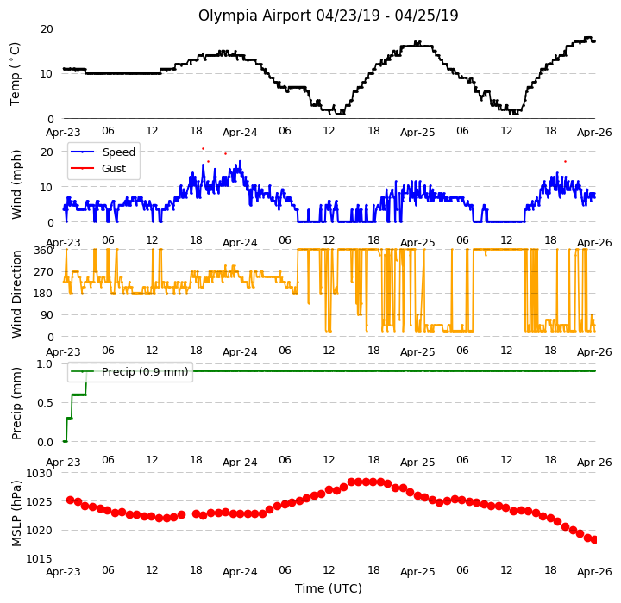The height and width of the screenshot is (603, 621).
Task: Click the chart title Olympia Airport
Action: pyautogui.click(x=255, y=16)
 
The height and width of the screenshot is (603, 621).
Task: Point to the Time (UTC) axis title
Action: pyautogui.click(x=329, y=588)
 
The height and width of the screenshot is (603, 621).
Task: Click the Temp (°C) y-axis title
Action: pyautogui.click(x=15, y=74)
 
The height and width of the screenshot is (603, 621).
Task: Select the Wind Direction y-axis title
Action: pyautogui.click(x=16, y=294)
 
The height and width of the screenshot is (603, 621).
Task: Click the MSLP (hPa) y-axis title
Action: pyautogui.click(x=16, y=513)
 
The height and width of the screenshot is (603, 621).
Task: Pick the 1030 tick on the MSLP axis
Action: pyautogui.click(x=39, y=473)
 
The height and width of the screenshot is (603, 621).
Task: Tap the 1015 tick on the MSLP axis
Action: pyautogui.click(x=39, y=559)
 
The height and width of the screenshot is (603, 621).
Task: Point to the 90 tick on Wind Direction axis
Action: pyautogui.click(x=47, y=315)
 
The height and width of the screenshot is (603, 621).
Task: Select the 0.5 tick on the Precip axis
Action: pyautogui.click(x=45, y=403)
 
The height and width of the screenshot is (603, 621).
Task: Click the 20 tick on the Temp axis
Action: pyautogui.click(x=47, y=29)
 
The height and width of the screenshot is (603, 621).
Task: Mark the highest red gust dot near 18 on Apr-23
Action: pyautogui.click(x=204, y=149)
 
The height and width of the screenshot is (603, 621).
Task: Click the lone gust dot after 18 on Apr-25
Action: pyautogui.click(x=565, y=161)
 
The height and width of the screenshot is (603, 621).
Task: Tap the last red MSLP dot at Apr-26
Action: pyautogui.click(x=594, y=540)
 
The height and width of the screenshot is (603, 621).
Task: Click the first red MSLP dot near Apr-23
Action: pyautogui.click(x=70, y=500)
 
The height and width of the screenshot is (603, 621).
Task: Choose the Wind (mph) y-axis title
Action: pyautogui.click(x=16, y=184)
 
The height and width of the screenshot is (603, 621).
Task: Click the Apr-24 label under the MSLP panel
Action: pyautogui.click(x=240, y=572)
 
